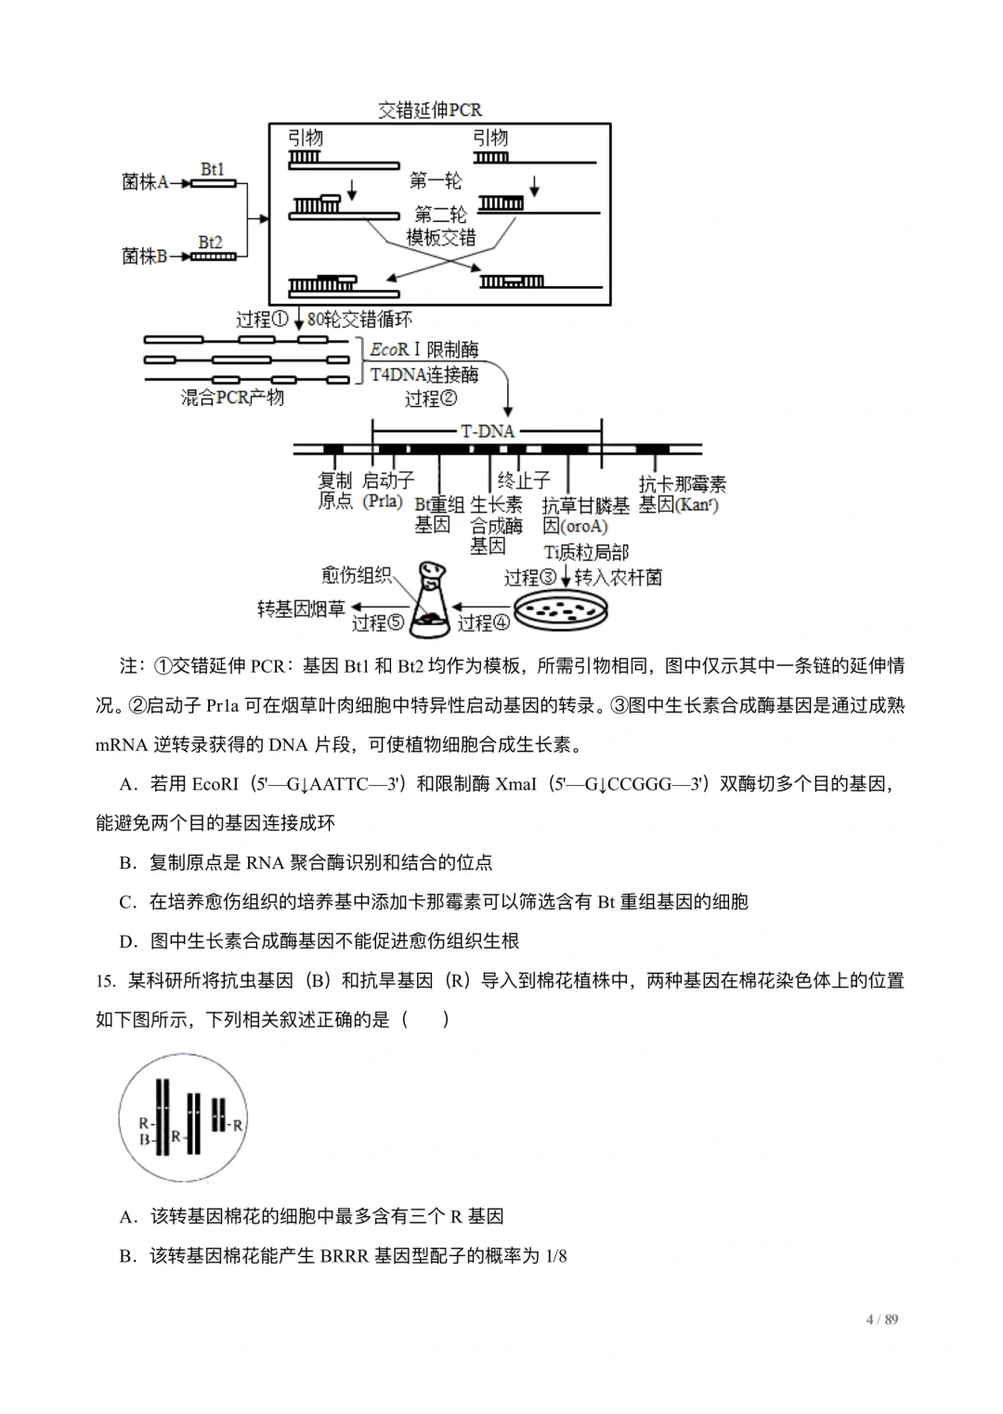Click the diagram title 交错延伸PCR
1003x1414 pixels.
430,111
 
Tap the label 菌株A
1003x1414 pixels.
144,182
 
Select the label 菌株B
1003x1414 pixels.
144,255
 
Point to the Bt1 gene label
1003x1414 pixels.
213,169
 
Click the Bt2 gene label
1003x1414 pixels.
211,242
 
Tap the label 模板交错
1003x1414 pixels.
440,238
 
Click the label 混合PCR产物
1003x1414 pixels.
232,398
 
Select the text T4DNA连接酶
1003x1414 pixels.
424,374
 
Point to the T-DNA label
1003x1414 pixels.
488,431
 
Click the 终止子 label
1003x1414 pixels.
524,480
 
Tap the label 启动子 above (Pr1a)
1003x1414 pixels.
388,480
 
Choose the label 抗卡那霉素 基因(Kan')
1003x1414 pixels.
682,494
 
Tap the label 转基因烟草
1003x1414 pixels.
301,609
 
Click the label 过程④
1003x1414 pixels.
484,622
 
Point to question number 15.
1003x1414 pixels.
105,981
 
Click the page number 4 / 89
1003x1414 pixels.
882,1319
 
